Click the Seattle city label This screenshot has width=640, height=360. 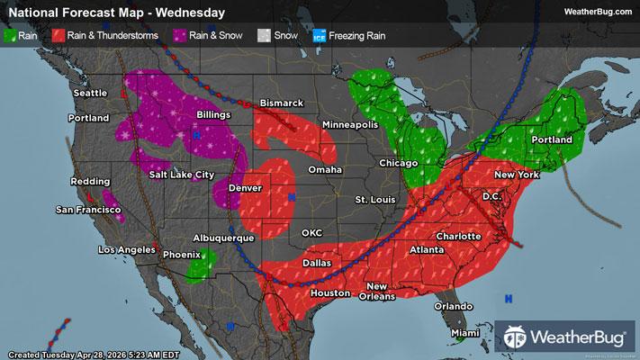(x=91, y=93)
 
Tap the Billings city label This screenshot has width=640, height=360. (x=218, y=114)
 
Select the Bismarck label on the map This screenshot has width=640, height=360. (x=282, y=103)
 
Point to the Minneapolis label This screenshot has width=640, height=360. (x=350, y=124)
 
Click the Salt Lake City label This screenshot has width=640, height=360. (x=182, y=174)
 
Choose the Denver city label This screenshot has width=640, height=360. (x=245, y=188)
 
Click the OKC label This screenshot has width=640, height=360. (x=311, y=232)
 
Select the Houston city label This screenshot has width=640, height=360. (x=329, y=293)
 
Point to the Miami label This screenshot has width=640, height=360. (x=466, y=333)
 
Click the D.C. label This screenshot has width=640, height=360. (x=491, y=195)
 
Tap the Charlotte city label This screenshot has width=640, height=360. (x=459, y=236)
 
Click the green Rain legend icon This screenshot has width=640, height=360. (x=11, y=35)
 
